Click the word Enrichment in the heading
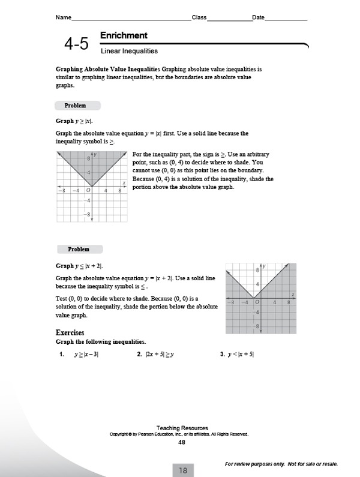coord(124,35)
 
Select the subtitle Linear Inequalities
coord(129,52)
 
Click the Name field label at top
coord(63,17)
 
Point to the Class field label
coord(199,17)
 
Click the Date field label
coord(259,17)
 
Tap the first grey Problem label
coord(75,106)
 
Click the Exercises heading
coord(70,332)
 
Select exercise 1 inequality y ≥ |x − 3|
coord(86,355)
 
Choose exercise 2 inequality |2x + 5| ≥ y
coord(155,355)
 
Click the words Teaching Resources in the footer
coord(180,428)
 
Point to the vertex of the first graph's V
coord(92,187)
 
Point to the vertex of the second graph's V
coord(253,298)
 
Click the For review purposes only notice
coord(281,464)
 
